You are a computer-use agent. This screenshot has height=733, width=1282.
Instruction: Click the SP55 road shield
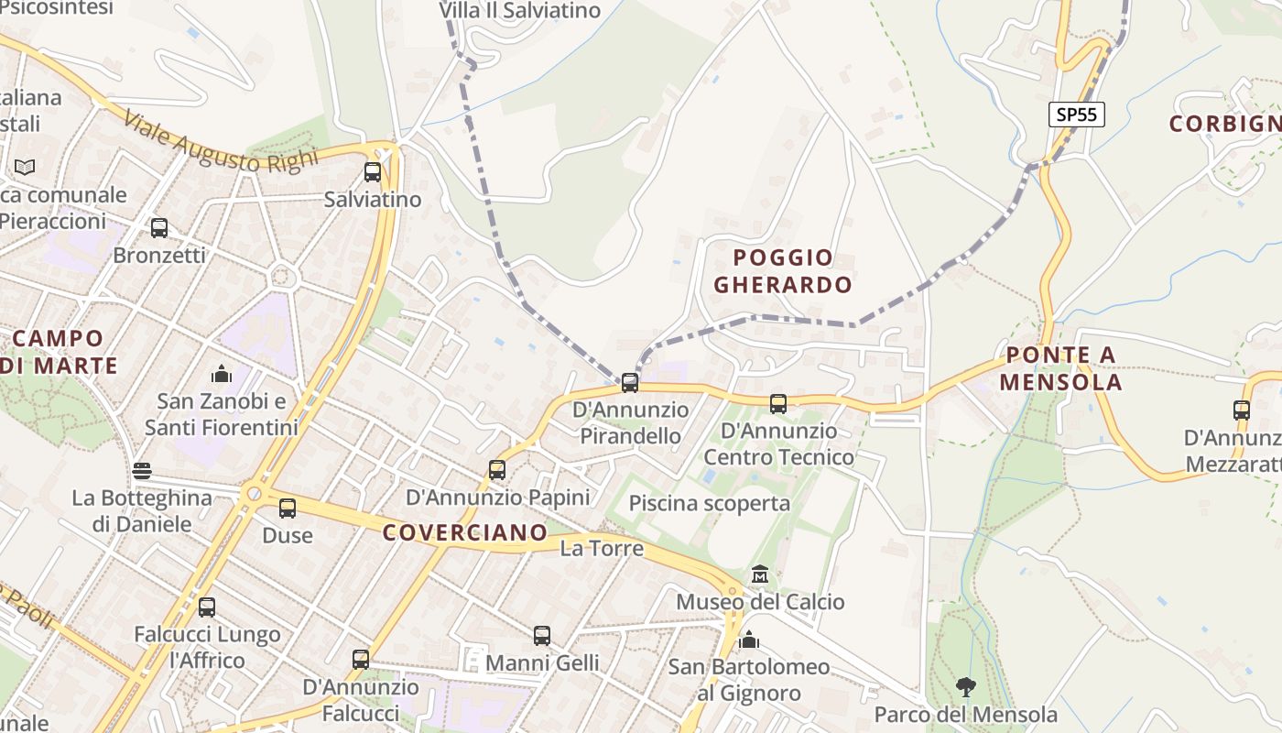click(x=1077, y=115)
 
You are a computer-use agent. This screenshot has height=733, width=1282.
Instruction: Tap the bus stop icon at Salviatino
click(x=372, y=171)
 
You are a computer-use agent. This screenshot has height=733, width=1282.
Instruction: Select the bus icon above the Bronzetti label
click(x=159, y=227)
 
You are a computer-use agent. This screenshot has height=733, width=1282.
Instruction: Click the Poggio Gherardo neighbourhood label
click(x=783, y=270)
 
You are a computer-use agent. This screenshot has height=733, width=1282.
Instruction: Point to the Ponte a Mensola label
click(x=1060, y=368)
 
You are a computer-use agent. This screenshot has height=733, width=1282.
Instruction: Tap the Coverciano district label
click(x=464, y=532)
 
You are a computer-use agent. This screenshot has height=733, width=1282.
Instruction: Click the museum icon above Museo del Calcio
click(x=760, y=574)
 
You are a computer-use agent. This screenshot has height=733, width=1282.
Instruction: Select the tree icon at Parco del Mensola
click(x=965, y=686)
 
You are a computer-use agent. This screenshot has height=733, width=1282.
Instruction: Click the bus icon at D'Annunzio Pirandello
click(x=630, y=382)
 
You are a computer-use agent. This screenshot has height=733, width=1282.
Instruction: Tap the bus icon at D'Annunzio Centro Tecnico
click(x=778, y=403)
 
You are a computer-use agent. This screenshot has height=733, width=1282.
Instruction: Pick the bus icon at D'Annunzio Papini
click(x=497, y=470)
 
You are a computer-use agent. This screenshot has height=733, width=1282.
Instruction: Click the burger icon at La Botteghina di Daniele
click(x=142, y=471)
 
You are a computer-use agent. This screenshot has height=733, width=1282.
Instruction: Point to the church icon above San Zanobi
click(x=221, y=373)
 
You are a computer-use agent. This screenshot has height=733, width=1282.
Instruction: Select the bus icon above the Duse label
click(x=288, y=508)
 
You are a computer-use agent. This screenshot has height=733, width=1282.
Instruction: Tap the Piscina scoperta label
click(x=710, y=503)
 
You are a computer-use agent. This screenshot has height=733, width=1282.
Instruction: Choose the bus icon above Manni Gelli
click(x=542, y=635)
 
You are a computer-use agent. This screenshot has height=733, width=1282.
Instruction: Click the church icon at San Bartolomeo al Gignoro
click(x=749, y=640)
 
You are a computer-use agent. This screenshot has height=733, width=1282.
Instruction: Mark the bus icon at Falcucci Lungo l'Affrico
click(x=207, y=607)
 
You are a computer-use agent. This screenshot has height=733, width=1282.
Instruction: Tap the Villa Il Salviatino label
click(x=519, y=11)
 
